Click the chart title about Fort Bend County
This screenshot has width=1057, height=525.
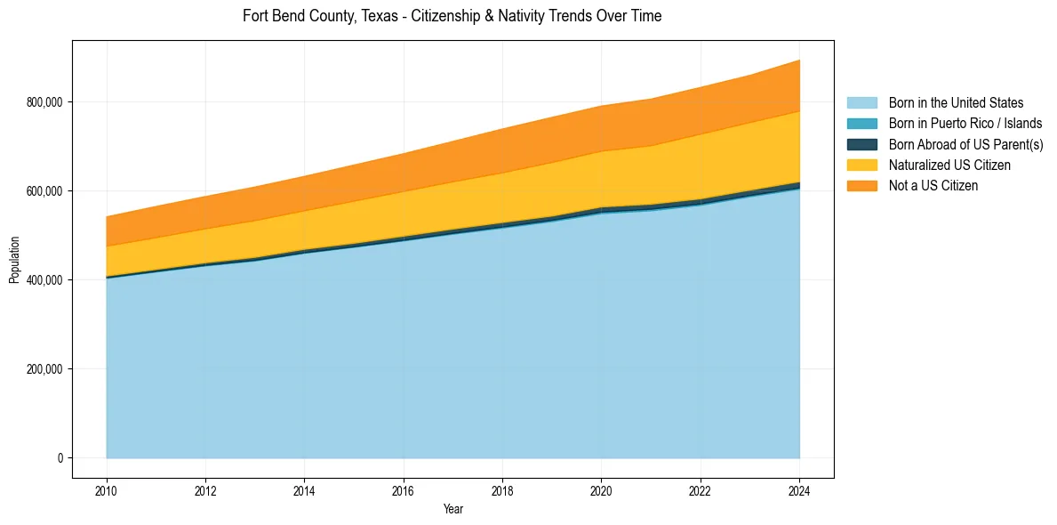452,16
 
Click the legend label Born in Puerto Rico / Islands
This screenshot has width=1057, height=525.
965,124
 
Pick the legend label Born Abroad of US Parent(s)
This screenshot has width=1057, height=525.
965,144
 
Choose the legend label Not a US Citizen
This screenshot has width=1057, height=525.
933,185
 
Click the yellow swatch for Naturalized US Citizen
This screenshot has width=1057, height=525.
861,165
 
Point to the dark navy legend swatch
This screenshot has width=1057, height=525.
861,144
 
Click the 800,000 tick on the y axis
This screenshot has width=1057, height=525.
44,102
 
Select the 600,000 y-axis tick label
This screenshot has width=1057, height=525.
44,191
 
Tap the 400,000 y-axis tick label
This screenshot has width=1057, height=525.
44,280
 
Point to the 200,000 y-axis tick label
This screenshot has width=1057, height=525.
44,369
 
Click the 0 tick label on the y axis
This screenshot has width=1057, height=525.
60,458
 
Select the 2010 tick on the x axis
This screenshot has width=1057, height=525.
107,489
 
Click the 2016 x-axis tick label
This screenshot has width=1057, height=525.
404,489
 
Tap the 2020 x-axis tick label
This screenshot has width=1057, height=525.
602,489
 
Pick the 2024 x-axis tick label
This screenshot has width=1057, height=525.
800,489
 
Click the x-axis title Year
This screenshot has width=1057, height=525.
452,510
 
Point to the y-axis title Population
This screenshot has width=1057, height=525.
14,260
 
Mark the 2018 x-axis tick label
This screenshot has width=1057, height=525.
503,489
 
